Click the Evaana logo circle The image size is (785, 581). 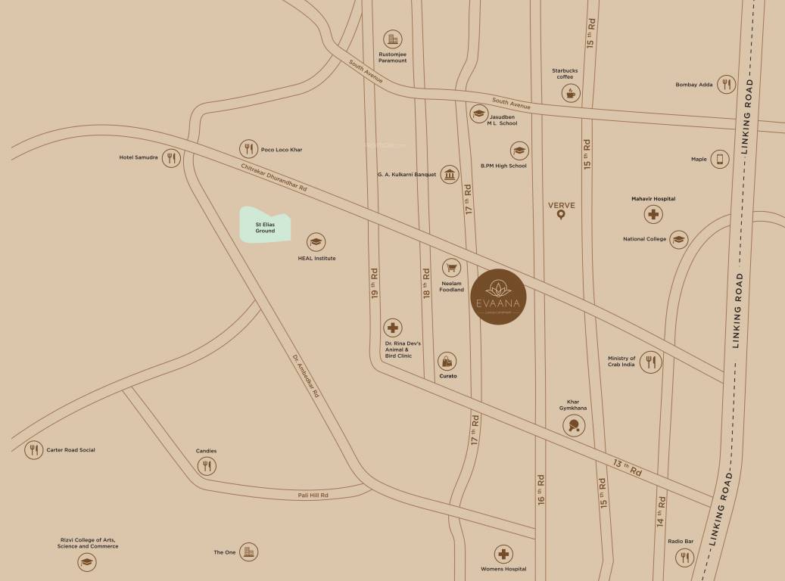click(x=499, y=297)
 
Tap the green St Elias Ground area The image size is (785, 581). click(x=265, y=225)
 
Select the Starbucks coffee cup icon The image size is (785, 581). click(x=569, y=93)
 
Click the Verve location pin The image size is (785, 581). click(x=561, y=216)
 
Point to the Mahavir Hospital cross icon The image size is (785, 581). click(x=653, y=214)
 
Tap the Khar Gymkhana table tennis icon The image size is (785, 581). click(x=574, y=425)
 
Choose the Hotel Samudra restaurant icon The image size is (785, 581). click(x=172, y=158)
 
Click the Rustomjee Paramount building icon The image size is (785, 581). click(x=392, y=39)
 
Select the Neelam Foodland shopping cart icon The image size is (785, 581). click(x=452, y=268)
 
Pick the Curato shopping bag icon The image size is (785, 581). click(x=447, y=362)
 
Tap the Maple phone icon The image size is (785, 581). click(x=720, y=159)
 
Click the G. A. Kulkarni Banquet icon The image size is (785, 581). click(x=450, y=175)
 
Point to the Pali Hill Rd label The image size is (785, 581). click(x=313, y=495)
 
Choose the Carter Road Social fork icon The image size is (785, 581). click(x=33, y=450)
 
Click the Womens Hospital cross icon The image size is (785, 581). click(x=503, y=554)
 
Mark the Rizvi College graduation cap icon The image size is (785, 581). click(x=88, y=562)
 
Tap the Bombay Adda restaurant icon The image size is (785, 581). click(x=726, y=85)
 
